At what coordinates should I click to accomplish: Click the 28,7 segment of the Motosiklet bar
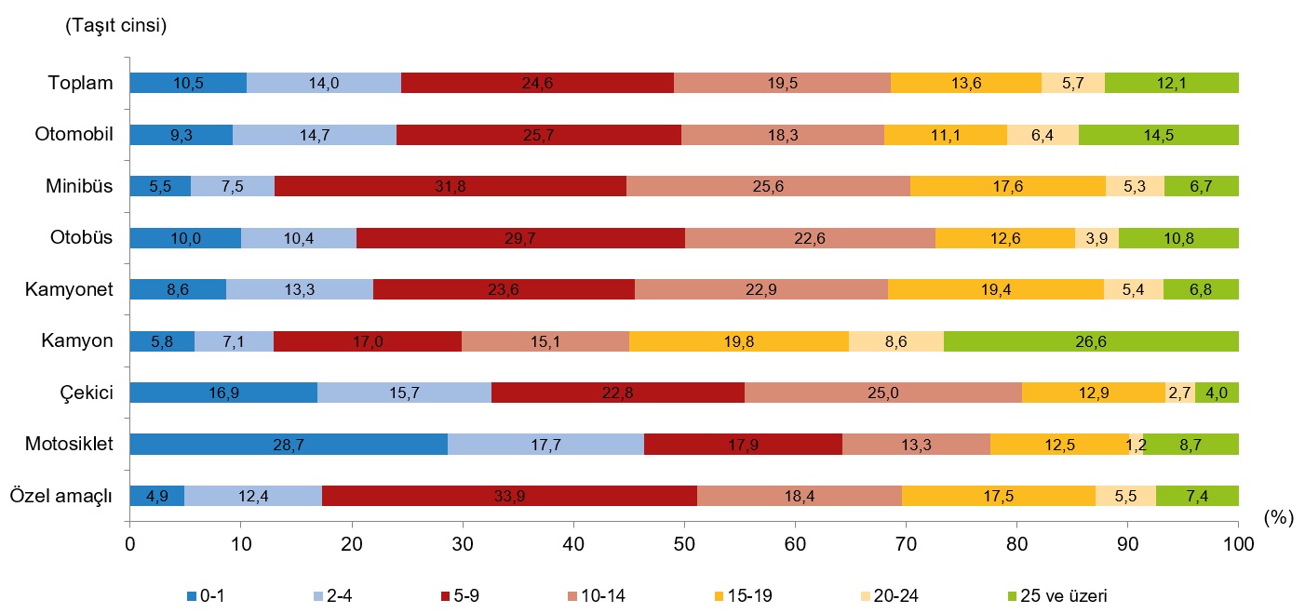289,445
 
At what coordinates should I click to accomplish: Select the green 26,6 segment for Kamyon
1091,341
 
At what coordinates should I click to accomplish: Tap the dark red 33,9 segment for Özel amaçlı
509,496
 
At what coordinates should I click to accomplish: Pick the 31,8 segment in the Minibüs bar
451,186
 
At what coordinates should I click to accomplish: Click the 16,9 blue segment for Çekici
223,393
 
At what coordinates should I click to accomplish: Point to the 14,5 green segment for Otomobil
1158,135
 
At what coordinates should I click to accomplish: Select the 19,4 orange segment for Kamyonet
996,289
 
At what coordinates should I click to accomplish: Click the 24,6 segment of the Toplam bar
537,83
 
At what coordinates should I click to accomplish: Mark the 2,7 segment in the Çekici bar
1180,393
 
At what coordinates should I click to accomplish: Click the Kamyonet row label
70,289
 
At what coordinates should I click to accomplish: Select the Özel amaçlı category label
61,496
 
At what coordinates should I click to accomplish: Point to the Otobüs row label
81,238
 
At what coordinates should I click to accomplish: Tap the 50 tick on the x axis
684,542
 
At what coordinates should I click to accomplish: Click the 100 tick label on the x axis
1238,542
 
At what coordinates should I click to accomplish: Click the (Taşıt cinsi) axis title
115,26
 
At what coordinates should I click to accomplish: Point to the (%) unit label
1279,519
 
